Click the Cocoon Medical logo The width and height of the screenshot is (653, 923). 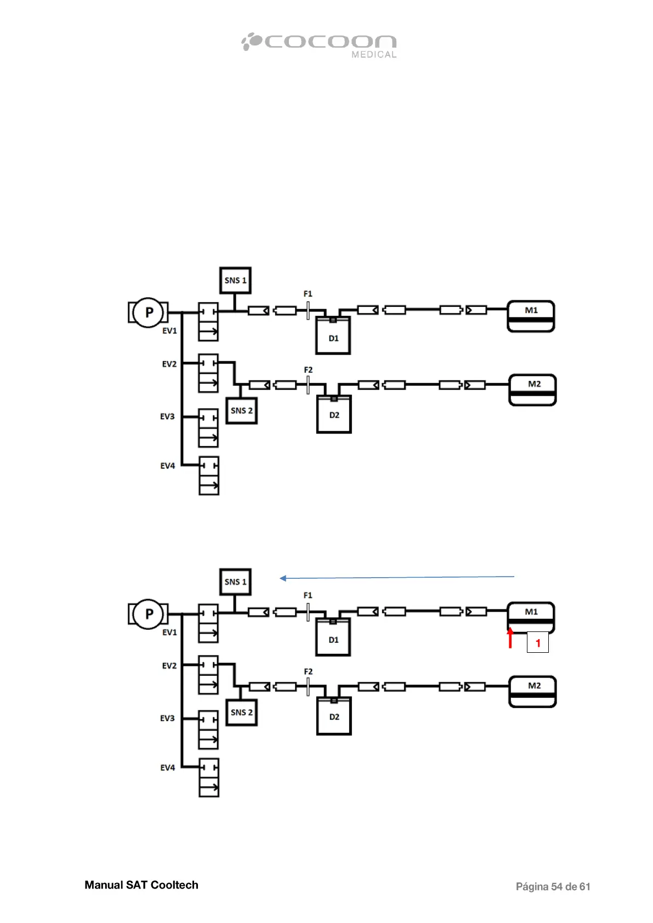click(319, 44)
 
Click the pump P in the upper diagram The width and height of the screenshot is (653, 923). click(149, 312)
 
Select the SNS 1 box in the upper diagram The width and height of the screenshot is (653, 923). click(235, 281)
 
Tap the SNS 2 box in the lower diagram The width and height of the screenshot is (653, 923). click(242, 713)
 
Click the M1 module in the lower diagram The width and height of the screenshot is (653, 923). click(531, 617)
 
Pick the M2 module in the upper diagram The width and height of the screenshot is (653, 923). click(533, 390)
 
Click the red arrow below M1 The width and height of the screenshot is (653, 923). click(510, 638)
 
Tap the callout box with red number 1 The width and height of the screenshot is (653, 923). click(538, 642)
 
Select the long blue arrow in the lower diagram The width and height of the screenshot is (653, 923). click(397, 577)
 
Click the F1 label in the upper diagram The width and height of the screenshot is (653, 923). click(308, 294)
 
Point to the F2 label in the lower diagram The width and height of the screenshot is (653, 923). click(308, 671)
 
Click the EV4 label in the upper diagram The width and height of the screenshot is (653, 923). click(168, 466)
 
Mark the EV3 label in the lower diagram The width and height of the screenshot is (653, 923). click(167, 718)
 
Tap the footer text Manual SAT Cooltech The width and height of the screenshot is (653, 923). click(141, 885)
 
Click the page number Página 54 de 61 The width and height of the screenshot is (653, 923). click(553, 886)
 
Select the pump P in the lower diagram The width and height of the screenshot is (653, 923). click(149, 614)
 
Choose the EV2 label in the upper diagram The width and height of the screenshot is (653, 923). click(169, 364)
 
